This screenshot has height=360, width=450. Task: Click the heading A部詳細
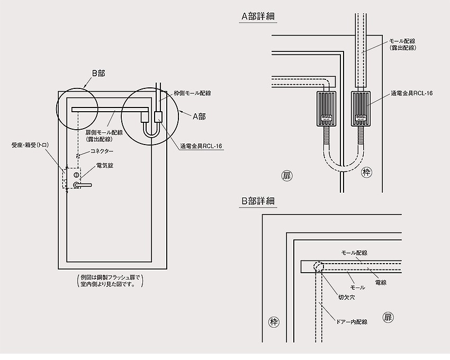258,16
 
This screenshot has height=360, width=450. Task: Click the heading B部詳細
258,201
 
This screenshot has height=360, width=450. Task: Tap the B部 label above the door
98,74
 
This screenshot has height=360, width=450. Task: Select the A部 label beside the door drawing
199,116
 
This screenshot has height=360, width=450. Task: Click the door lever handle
82,185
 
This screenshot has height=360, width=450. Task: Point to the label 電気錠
104,165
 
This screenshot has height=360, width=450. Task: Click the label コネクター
102,151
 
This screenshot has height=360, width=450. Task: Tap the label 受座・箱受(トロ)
30,145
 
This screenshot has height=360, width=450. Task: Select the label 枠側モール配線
192,93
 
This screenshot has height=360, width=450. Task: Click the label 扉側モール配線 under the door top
104,133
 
